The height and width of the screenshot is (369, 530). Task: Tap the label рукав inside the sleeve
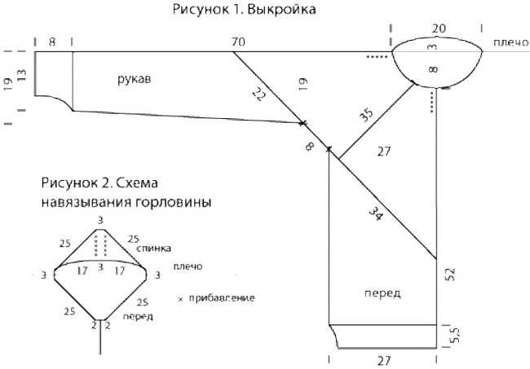point(134,79)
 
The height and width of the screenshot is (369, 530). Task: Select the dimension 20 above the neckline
point(439,29)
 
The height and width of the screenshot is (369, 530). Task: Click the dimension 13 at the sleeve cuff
point(22,75)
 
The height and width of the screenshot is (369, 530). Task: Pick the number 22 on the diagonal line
point(259,94)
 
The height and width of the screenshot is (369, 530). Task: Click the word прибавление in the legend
point(221,298)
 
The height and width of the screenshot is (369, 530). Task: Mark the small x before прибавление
point(180,299)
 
